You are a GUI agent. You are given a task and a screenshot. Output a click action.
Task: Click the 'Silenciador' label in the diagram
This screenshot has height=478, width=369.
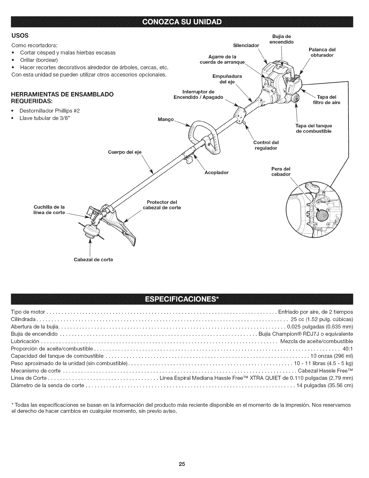click(x=246, y=46)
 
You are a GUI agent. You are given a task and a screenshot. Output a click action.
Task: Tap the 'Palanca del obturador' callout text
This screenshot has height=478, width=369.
click(x=322, y=52)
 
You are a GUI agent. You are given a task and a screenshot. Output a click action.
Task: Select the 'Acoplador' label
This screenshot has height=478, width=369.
click(x=216, y=173)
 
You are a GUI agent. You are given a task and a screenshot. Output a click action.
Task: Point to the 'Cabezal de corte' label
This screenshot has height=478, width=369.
click(x=93, y=260)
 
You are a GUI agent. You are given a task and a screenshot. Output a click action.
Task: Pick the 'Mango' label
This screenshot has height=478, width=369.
click(x=166, y=119)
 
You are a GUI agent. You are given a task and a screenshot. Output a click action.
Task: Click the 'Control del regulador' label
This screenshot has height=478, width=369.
click(x=266, y=145)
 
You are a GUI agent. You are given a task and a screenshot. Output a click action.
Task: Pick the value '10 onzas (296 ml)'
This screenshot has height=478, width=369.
click(x=333, y=356)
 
